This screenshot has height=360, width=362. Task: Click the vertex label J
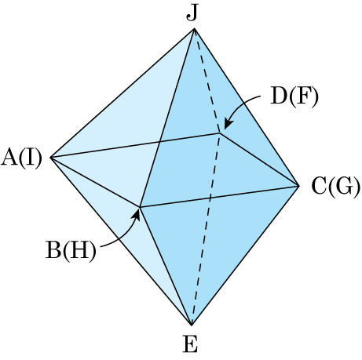[192, 13]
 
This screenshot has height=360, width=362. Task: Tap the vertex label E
[190, 344]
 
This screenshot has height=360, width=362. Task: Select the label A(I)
[21, 158]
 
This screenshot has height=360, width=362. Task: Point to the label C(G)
[336, 187]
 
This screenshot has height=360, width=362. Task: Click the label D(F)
[294, 96]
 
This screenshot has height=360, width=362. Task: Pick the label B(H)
[71, 250]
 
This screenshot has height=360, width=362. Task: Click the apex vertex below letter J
[194, 29]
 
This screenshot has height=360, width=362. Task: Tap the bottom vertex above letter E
[192, 325]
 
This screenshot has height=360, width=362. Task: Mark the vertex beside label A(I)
[50, 158]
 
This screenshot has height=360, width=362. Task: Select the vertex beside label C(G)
[299, 186]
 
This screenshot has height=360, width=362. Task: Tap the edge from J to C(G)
[247, 107]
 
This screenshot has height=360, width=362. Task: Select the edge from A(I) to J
[122, 93]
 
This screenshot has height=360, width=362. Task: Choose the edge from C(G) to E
[245, 256]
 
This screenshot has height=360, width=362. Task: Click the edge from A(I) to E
[121, 242]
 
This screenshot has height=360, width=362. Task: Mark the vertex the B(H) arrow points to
[140, 207]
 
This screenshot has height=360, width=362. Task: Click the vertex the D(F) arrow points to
[220, 133]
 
